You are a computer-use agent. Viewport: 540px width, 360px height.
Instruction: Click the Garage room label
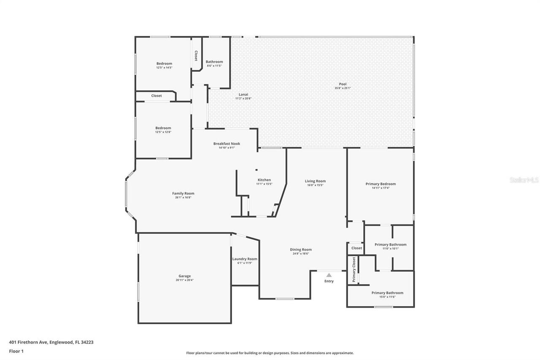coord(184,276)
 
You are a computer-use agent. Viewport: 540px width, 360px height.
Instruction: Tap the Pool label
coord(343,84)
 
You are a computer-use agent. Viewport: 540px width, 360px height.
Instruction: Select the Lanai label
coord(243,94)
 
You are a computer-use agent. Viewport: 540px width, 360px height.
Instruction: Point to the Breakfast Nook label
coord(227,143)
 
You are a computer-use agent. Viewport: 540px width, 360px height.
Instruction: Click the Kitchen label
coord(264,180)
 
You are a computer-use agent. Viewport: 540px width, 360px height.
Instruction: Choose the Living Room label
coord(315,181)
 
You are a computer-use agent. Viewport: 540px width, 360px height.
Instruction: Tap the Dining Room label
coord(300,249)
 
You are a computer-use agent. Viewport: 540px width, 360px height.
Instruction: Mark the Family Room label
coord(183,193)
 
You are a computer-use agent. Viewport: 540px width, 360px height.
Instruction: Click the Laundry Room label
coord(245,259)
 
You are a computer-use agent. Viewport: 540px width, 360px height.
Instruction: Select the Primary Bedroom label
coord(381,184)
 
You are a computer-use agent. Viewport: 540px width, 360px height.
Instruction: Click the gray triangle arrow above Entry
coord(329,275)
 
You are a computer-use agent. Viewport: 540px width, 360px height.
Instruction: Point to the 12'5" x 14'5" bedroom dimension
coord(164,68)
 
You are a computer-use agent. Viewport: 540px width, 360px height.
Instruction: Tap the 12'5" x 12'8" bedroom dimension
coord(163,132)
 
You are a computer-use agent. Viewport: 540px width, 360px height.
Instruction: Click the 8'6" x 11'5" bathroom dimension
coord(214,66)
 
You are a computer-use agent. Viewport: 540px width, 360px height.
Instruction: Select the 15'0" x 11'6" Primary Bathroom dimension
coord(387,297)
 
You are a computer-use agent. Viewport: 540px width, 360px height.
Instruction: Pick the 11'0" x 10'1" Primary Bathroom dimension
coord(390,249)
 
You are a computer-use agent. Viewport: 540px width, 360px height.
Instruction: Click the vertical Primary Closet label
coord(354,270)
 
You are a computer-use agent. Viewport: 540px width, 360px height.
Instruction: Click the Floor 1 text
coord(17,351)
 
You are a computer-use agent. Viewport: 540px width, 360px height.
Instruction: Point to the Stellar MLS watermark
coord(524,180)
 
